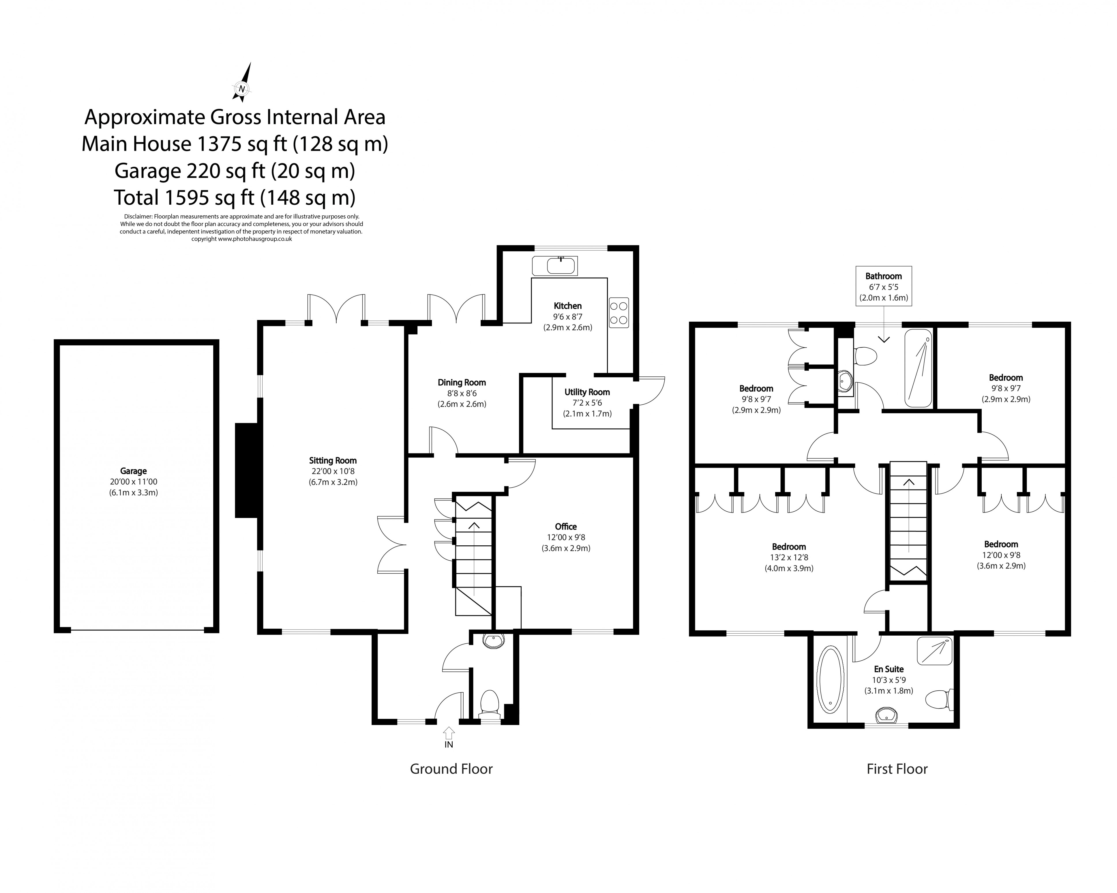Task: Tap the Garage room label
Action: click(x=133, y=471)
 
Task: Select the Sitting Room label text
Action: click(x=333, y=460)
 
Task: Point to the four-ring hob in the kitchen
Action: click(x=619, y=313)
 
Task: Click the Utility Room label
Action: click(x=587, y=392)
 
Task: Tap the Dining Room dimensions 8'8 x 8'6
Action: click(x=462, y=393)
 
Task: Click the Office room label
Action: click(x=566, y=526)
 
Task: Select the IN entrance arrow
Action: click(x=449, y=733)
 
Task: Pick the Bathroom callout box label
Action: click(x=883, y=276)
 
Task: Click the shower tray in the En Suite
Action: click(x=935, y=651)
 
